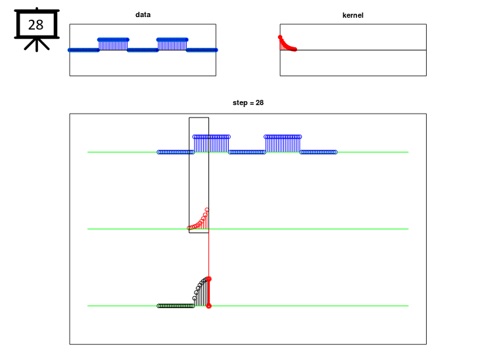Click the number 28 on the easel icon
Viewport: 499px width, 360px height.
(x=36, y=25)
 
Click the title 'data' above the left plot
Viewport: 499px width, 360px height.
(x=143, y=14)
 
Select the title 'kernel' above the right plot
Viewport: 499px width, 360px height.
(x=353, y=15)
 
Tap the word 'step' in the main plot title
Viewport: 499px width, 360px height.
(x=239, y=102)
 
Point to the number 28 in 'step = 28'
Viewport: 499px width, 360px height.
(x=260, y=102)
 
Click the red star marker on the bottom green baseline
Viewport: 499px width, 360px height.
(x=209, y=306)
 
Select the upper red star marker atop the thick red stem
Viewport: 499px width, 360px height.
(x=209, y=279)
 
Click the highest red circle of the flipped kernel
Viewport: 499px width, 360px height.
(x=207, y=210)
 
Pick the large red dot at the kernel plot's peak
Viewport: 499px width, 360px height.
(x=280, y=37)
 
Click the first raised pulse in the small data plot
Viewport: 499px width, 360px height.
(x=113, y=45)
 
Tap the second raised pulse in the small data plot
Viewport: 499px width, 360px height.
(x=172, y=45)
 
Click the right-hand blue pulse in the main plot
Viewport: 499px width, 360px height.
(x=283, y=144)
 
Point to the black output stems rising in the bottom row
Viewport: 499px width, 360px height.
(x=201, y=293)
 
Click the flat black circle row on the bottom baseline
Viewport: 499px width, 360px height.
(x=176, y=306)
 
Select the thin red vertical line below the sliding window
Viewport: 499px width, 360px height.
(x=209, y=255)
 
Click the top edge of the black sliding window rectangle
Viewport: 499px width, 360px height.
(x=199, y=118)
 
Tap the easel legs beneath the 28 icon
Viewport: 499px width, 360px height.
(x=37, y=45)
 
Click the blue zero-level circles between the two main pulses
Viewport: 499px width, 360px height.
(x=247, y=152)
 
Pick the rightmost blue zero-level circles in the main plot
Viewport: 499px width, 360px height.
(x=318, y=152)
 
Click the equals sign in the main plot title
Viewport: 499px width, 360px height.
(x=251, y=103)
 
